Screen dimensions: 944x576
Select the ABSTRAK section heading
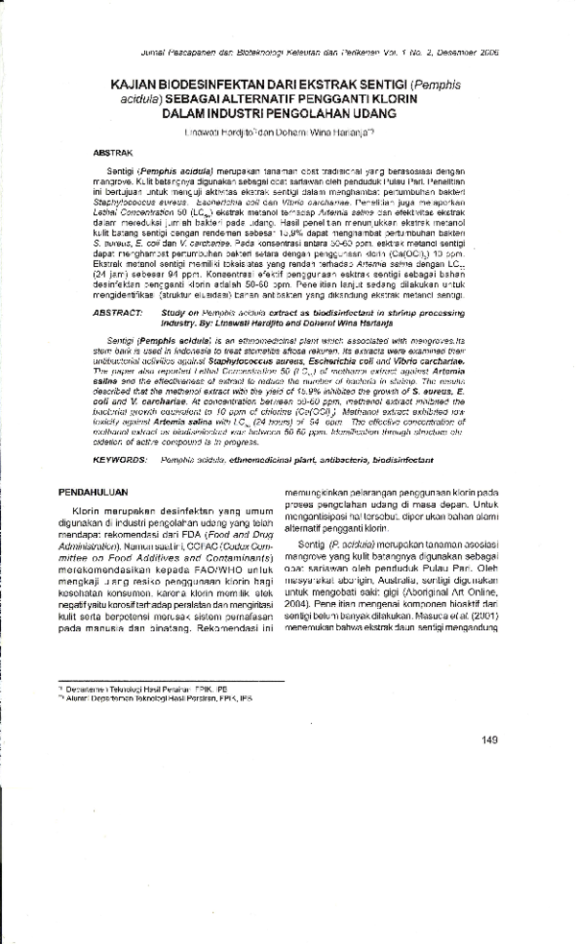112,152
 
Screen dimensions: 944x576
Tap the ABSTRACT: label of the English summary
118,313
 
